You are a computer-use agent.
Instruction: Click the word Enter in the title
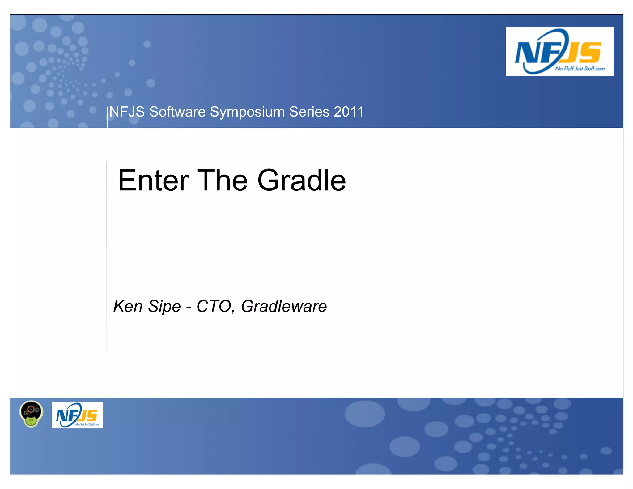[153, 181]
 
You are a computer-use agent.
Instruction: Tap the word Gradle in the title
[301, 181]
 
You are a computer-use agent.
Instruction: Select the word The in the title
[222, 181]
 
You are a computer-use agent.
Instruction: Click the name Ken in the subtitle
[128, 306]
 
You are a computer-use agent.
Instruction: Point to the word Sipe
[164, 307]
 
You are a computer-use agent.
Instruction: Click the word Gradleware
[284, 307]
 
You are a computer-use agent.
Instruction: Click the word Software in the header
[177, 112]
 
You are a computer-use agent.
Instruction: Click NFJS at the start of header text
[127, 112]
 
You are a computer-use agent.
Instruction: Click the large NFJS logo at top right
[559, 52]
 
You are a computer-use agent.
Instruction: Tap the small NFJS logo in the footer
[77, 415]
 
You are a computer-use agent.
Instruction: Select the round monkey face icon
[31, 414]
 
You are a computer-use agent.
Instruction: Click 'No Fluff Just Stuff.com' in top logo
[580, 69]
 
